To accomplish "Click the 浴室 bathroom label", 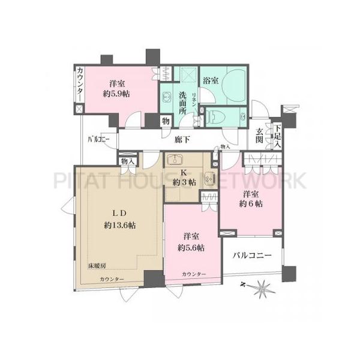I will coord(211,79).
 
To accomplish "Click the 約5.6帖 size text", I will coord(193,247).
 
